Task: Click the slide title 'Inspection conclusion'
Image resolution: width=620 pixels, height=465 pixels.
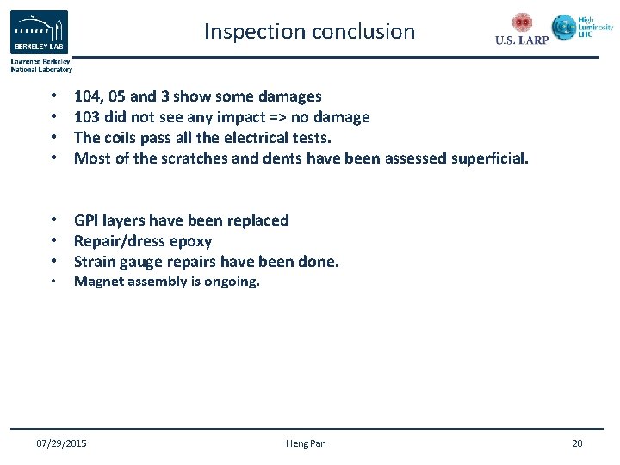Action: click(x=309, y=32)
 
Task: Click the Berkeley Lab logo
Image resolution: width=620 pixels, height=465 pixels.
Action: click(x=39, y=34)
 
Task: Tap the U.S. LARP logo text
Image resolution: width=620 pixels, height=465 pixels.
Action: click(x=521, y=40)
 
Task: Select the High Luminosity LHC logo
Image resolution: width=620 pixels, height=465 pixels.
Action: click(x=582, y=28)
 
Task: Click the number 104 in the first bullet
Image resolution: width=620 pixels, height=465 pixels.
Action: click(x=87, y=96)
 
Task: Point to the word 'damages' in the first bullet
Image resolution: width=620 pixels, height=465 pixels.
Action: click(x=290, y=96)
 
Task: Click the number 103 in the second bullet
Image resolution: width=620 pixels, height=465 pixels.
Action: click(x=87, y=117)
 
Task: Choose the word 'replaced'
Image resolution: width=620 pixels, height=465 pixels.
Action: click(x=257, y=220)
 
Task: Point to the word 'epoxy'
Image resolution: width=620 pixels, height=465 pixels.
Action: click(x=190, y=241)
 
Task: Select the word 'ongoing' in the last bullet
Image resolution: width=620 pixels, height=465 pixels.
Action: click(x=231, y=282)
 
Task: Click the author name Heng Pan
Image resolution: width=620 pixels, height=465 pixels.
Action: click(x=306, y=443)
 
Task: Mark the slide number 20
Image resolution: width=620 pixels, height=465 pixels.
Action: click(x=577, y=443)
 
